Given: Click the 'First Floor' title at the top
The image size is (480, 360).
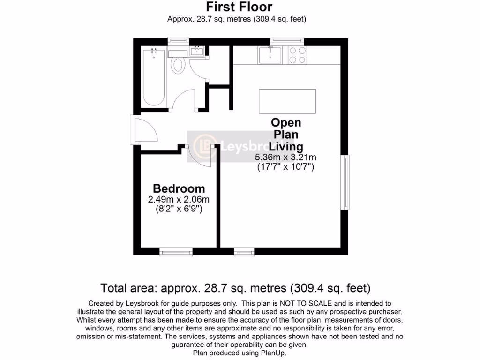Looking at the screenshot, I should pyautogui.click(x=240, y=7).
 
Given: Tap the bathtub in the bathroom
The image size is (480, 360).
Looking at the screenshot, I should pyautogui.click(x=153, y=77).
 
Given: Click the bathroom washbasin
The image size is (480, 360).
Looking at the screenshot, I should pyautogui.click(x=197, y=51).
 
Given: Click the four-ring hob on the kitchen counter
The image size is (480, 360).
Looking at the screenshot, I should pyautogui.click(x=296, y=55).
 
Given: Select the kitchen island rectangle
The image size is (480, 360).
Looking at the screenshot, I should pyautogui.click(x=287, y=100).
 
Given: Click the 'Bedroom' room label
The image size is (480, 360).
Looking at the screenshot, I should pyautogui.click(x=179, y=188).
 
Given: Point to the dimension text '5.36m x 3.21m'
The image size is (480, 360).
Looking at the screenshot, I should pyautogui.click(x=285, y=157).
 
